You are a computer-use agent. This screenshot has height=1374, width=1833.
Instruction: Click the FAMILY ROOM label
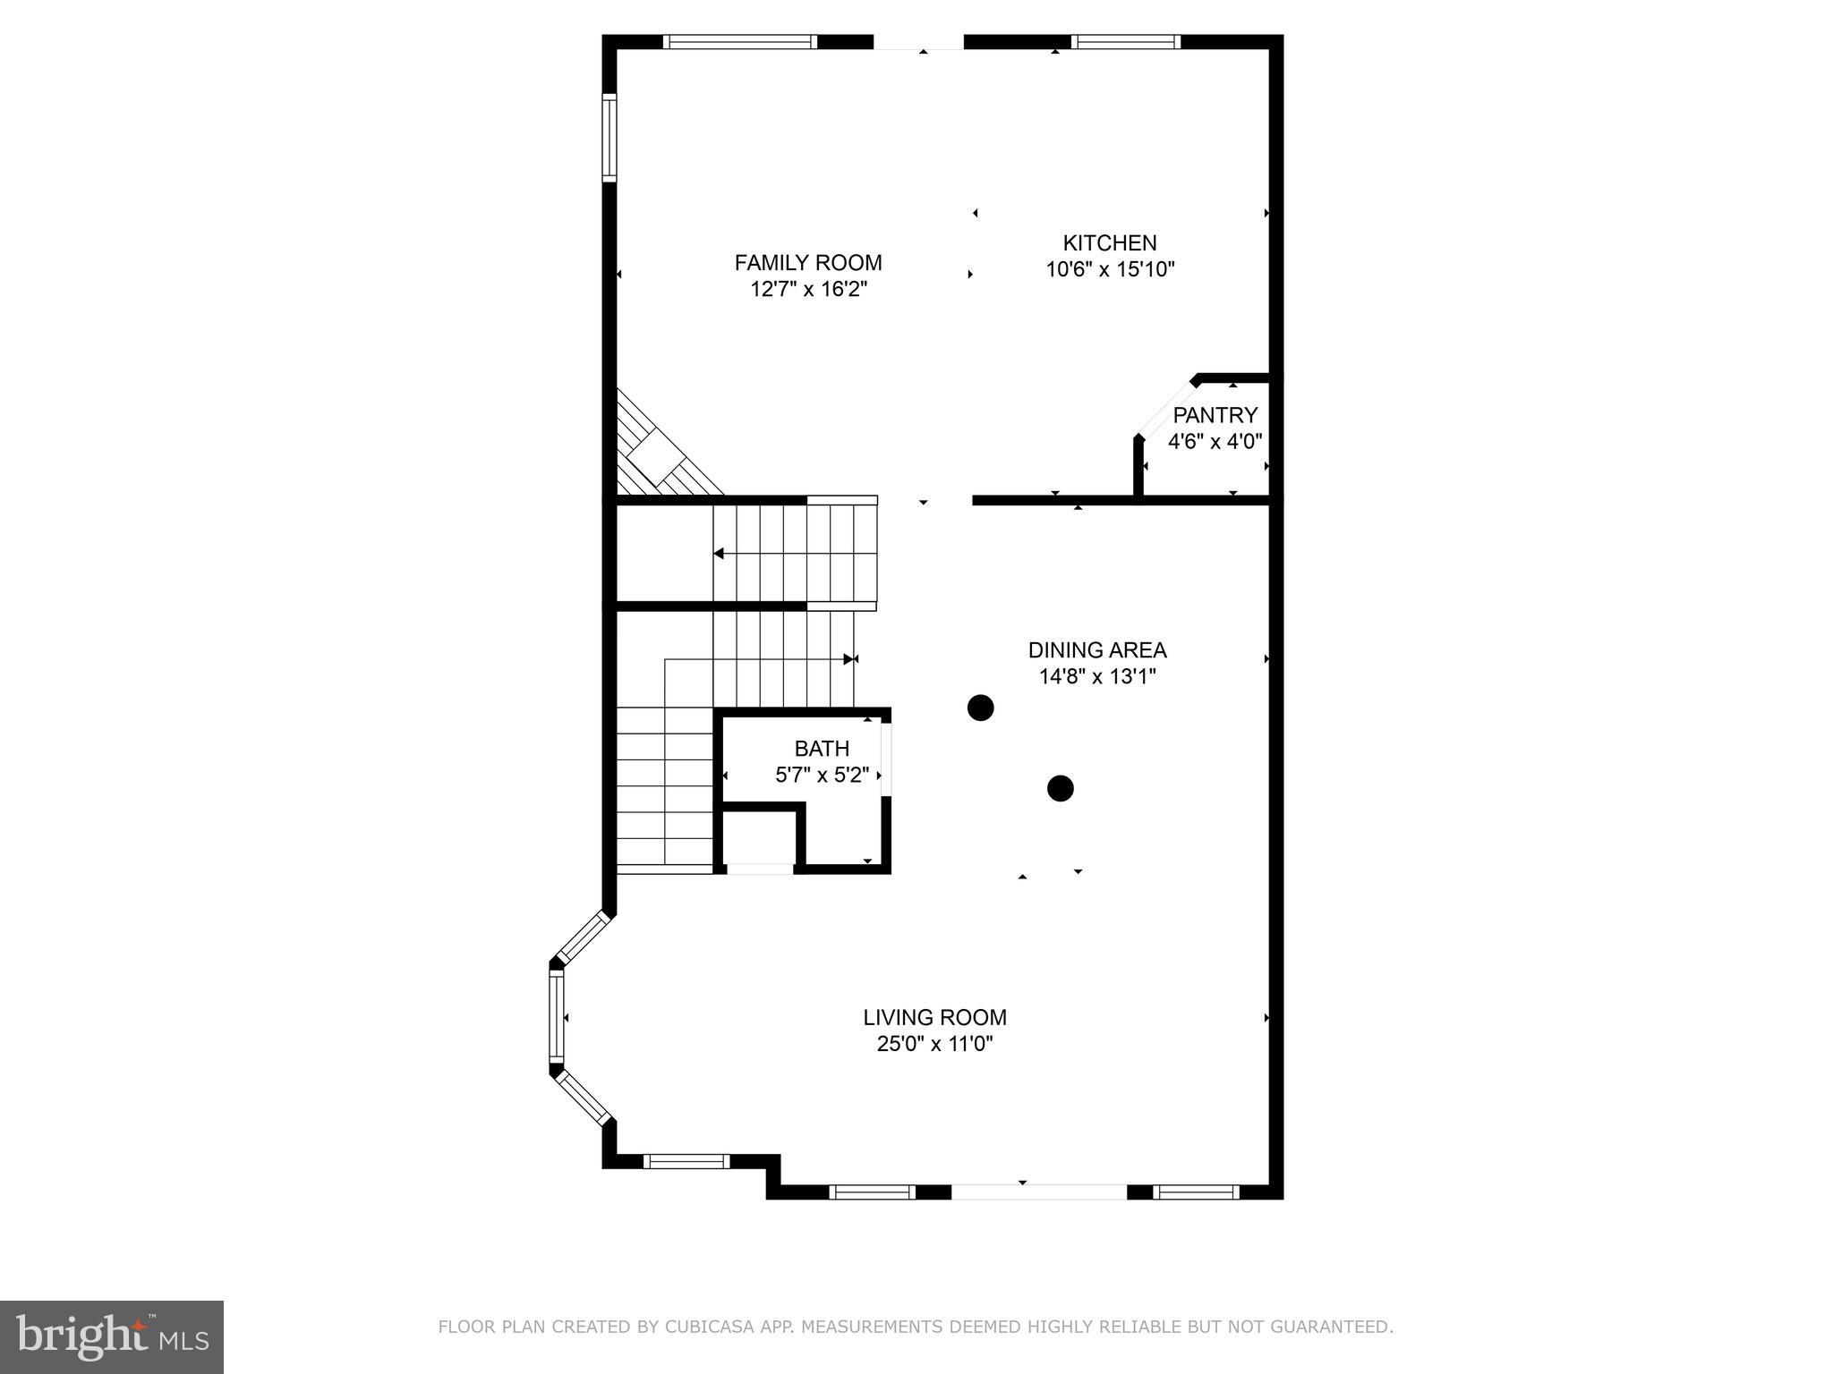point(807,263)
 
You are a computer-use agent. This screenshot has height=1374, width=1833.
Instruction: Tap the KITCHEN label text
point(1109,243)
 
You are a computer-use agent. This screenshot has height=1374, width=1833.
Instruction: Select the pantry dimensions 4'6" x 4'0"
point(1215,441)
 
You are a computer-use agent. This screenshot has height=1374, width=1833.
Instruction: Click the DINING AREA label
point(1096,650)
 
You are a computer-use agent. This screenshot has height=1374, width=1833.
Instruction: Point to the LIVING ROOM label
point(934,1017)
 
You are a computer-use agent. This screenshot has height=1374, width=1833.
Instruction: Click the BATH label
point(822,749)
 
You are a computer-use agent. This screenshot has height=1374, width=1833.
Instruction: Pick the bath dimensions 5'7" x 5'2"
point(822,775)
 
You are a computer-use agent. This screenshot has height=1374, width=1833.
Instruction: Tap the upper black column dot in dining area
point(981,708)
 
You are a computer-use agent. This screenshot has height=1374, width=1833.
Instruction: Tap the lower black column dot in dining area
point(1060,788)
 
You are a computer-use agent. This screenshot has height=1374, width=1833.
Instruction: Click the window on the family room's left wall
point(610,138)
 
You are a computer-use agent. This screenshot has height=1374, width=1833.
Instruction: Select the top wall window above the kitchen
point(1125,42)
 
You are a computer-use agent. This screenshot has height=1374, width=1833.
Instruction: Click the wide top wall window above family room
point(740,42)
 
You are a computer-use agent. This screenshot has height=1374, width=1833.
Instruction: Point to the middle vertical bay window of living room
point(557,1017)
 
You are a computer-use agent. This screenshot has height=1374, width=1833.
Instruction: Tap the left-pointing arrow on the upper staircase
point(719,554)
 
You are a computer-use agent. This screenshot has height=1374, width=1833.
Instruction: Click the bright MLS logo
point(112,1336)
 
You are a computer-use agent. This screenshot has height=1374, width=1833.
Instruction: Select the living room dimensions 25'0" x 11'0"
point(934,1044)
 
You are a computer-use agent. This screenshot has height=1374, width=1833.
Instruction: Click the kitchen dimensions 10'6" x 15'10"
point(1109,269)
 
